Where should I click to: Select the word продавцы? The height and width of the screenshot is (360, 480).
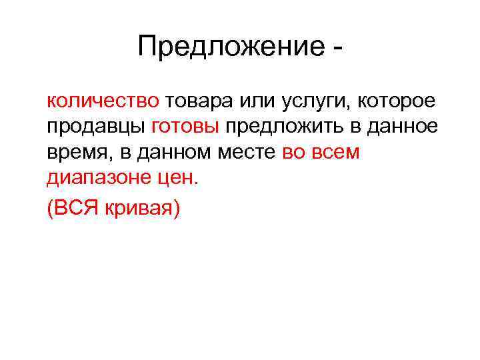pyautogui.click(x=96, y=128)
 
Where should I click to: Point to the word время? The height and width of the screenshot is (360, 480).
pyautogui.click(x=80, y=153)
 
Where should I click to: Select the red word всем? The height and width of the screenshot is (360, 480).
pyautogui.click(x=335, y=153)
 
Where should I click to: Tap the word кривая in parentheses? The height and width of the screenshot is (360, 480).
pyautogui.click(x=143, y=209)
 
